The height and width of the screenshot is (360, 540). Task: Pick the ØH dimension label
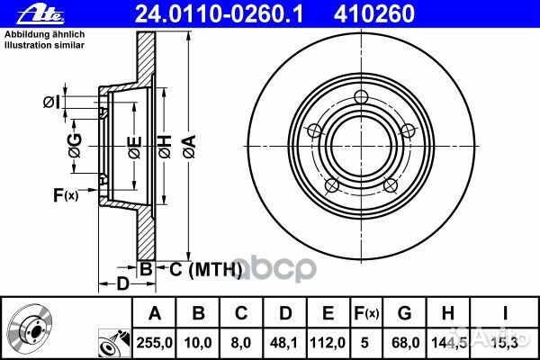(166, 145)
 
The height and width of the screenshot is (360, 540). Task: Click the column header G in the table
(406, 313)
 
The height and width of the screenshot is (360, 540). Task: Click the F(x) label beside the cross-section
(65, 195)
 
